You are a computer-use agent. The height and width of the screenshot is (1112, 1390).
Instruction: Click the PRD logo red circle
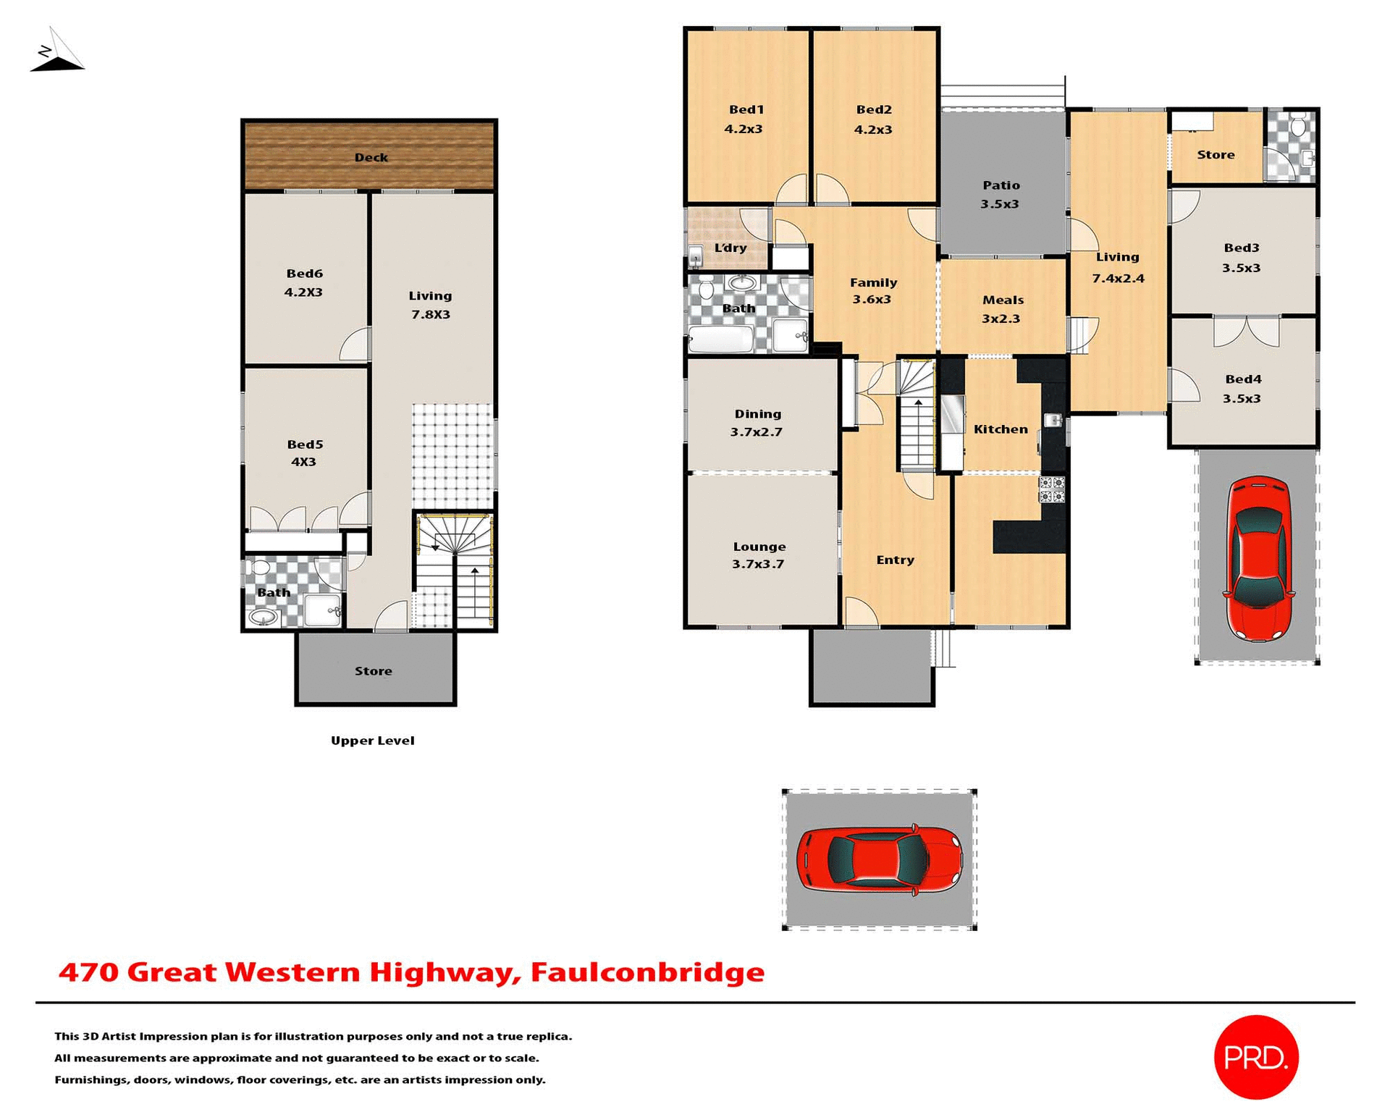pos(1255,1057)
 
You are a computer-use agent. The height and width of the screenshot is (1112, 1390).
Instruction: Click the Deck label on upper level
pos(371,157)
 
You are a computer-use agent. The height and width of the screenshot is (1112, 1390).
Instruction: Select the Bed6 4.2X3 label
pos(303,283)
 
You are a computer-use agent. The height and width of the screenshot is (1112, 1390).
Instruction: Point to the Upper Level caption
pos(372,740)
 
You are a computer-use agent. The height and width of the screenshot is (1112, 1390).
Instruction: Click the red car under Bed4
pos(1258,558)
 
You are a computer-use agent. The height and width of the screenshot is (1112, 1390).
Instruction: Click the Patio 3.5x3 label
pos(1001,194)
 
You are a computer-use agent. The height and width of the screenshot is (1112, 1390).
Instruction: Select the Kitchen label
pos(1001,429)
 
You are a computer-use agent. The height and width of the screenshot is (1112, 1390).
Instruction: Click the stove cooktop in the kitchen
pos(1052,489)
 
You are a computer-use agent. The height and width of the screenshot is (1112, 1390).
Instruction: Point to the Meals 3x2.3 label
pos(1002,309)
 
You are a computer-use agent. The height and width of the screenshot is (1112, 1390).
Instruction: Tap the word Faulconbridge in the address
pos(647,972)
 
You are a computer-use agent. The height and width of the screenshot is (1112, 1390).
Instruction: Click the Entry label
pos(895,560)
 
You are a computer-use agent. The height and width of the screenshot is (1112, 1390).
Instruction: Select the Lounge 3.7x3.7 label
pos(758,555)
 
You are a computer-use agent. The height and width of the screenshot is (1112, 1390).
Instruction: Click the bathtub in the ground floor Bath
pos(720,340)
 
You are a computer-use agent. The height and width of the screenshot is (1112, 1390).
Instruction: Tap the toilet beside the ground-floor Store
pos(1297,127)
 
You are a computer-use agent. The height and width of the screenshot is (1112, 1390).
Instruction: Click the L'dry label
pos(730,248)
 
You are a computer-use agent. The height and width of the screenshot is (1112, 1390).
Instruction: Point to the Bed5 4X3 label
pos(304,453)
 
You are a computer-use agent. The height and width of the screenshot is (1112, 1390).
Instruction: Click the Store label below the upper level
pos(374,671)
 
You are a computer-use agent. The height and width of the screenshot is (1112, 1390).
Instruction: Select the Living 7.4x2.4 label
pos(1118,267)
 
